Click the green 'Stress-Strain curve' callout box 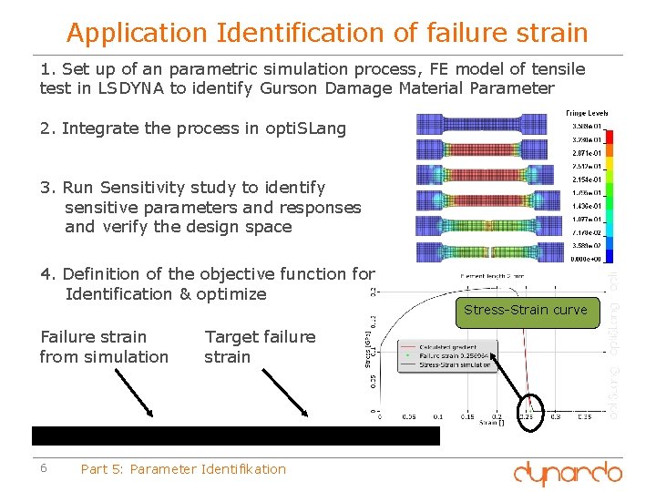(526, 310)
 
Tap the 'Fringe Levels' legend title (587, 113)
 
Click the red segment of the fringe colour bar (610, 136)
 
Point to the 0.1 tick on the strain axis (437, 418)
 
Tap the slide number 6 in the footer (44, 468)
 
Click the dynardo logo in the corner (567, 472)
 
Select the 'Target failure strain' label (260, 346)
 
